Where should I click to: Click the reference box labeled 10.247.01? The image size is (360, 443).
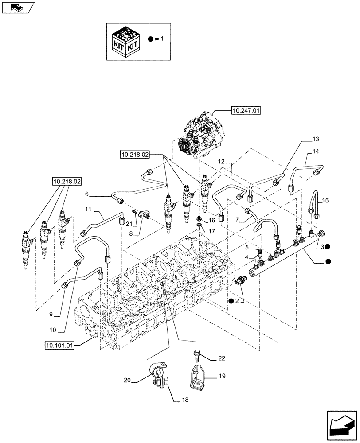coord(245,111)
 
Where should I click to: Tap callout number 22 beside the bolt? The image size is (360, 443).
coord(221,358)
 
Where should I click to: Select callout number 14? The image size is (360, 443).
coord(315,152)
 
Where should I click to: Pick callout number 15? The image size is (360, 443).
coord(325,201)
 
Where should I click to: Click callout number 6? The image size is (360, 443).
coord(87,194)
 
